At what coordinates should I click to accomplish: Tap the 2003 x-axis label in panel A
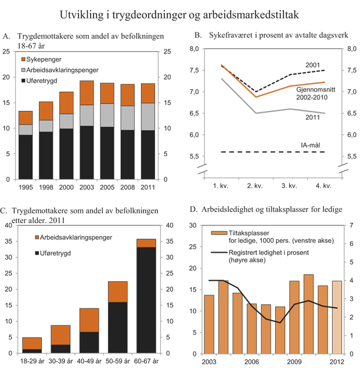(x=86, y=188)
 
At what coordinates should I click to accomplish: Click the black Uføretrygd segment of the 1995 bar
(x=26, y=157)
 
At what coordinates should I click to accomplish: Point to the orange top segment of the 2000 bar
(x=66, y=102)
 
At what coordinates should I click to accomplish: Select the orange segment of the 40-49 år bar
(x=89, y=320)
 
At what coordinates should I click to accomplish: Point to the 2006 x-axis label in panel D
(x=250, y=361)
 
